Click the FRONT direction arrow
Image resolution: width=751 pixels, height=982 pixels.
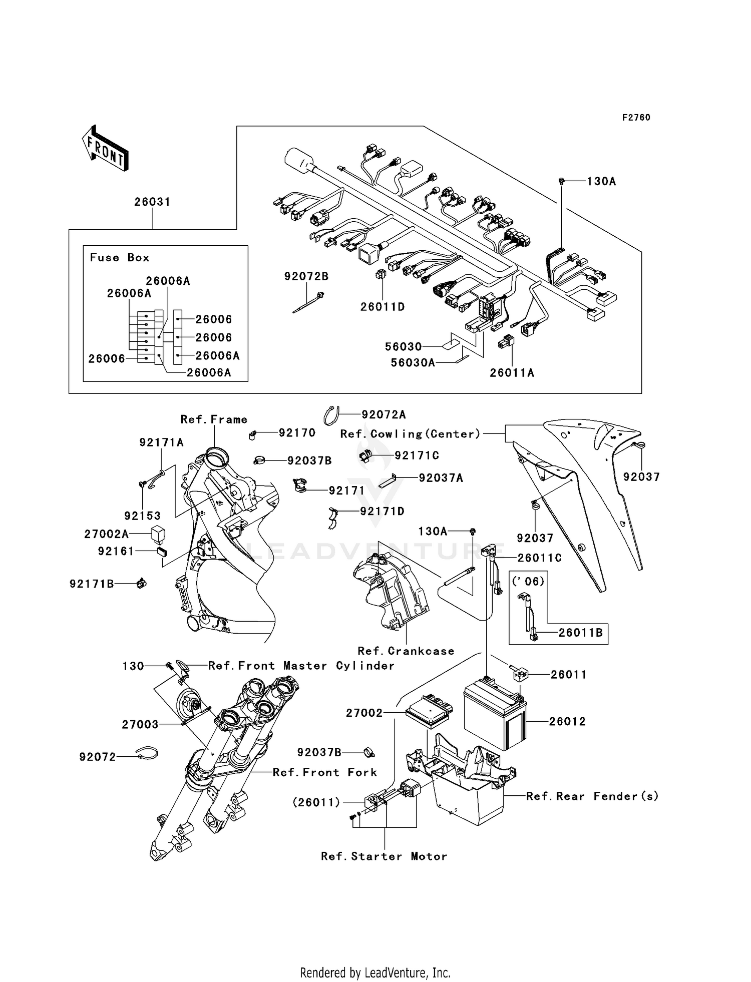click(106, 149)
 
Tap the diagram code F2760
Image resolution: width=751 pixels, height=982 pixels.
click(636, 118)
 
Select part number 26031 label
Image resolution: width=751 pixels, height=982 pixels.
click(152, 202)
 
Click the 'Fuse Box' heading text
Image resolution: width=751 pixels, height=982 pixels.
click(120, 258)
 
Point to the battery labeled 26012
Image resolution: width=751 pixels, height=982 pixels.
click(495, 717)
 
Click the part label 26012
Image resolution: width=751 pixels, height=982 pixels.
click(567, 721)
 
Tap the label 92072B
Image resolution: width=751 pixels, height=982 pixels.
click(306, 276)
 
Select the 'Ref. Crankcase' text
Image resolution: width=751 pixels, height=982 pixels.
click(406, 651)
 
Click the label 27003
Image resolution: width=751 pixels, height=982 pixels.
click(140, 724)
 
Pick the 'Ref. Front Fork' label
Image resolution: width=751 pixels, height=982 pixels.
click(324, 772)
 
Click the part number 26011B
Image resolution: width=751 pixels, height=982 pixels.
click(580, 633)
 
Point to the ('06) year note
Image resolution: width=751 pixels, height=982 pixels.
click(528, 581)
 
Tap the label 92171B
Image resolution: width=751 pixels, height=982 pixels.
click(92, 584)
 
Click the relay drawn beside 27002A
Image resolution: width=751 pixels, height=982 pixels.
click(159, 534)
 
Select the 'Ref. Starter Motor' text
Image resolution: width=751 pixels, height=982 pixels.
click(384, 856)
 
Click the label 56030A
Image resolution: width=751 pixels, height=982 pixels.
click(413, 362)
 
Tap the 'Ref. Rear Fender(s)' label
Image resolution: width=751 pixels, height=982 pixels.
click(592, 796)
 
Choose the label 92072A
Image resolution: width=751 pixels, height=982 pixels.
click(384, 414)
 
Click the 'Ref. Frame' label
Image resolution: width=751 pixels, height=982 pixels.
click(214, 419)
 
